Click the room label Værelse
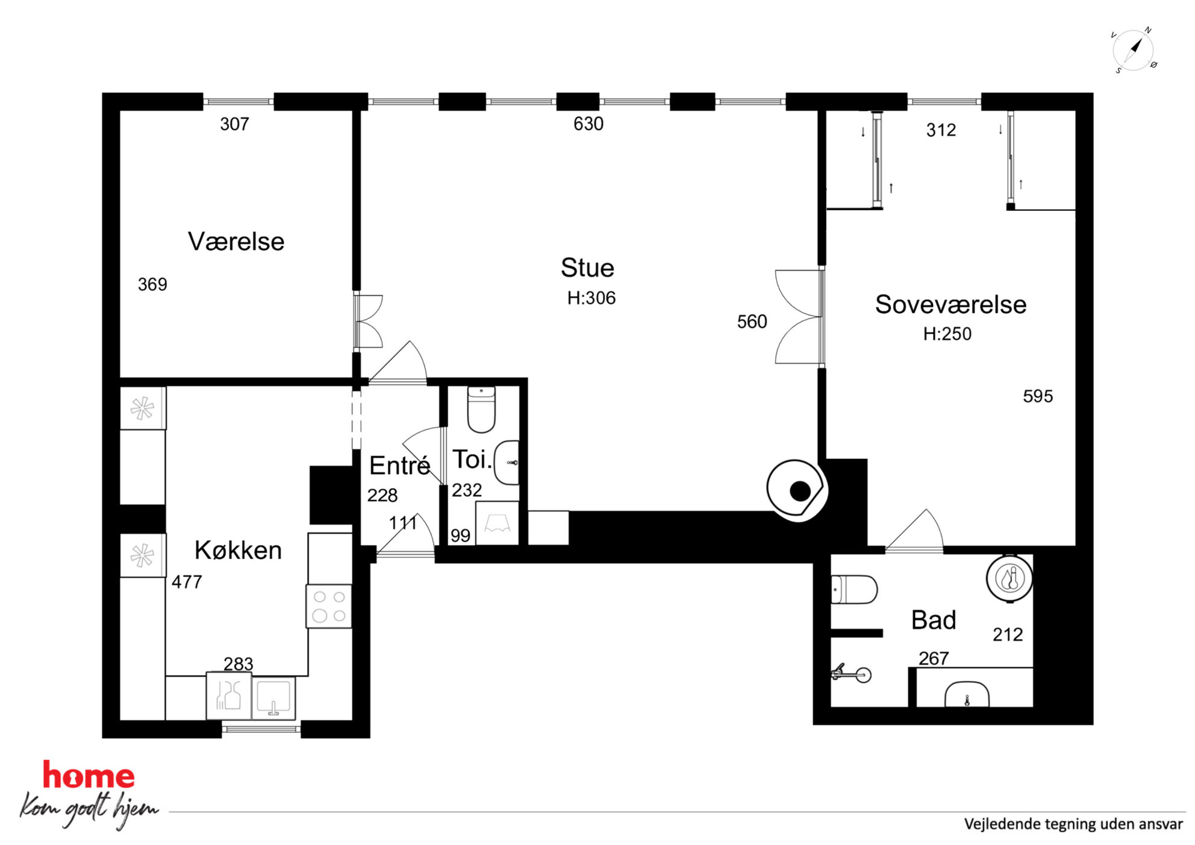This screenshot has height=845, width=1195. point(236,242)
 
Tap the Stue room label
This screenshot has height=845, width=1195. point(587,268)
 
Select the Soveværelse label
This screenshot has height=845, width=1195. point(950,304)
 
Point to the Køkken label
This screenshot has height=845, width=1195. point(238,550)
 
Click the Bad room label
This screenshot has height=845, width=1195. point(934,620)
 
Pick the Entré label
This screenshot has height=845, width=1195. point(399,465)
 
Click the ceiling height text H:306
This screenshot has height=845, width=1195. point(591,298)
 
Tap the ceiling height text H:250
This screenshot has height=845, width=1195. point(947,334)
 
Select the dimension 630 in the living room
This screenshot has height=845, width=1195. point(588,124)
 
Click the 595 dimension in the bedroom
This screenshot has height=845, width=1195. point(1038,396)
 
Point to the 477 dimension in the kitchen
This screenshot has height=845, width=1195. point(187,582)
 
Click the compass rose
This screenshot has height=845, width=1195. point(1134,50)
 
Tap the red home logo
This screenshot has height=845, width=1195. point(89,775)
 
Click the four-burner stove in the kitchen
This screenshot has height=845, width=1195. point(329,606)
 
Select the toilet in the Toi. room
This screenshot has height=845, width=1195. point(481,410)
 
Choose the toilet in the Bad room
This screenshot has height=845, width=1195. point(854,589)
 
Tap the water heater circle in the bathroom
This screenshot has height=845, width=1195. point(1010,578)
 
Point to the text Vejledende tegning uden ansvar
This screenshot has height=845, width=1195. point(1073,824)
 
